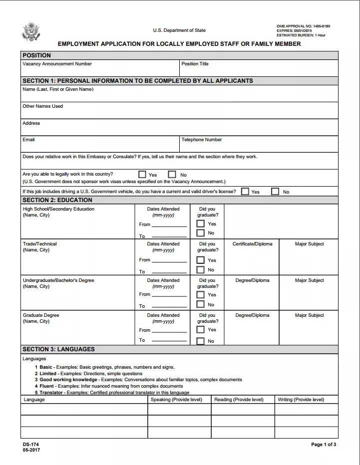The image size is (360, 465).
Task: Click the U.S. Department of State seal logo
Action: pyautogui.click(x=31, y=31)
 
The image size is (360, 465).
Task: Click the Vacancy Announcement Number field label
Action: pyautogui.click(x=57, y=64)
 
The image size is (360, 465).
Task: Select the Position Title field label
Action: pyautogui.click(x=195, y=64)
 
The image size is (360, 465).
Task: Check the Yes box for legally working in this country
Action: pyautogui.click(x=142, y=175)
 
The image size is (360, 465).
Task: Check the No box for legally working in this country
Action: pyautogui.click(x=172, y=175)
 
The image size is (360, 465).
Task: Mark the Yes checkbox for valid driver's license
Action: pyautogui.click(x=245, y=192)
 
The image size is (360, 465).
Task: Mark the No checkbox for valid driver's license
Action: pyautogui.click(x=275, y=192)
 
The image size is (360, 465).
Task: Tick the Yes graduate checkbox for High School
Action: pyautogui.click(x=200, y=224)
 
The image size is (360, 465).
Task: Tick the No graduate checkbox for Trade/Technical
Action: pyautogui.click(x=200, y=270)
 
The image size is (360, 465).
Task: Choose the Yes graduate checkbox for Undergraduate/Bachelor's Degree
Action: pyautogui.click(x=200, y=294)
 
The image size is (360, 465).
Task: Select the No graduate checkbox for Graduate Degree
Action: pyautogui.click(x=200, y=341)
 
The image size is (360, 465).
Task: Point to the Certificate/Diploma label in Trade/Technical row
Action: pyautogui.click(x=253, y=244)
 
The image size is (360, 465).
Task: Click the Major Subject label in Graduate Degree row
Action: pyautogui.click(x=309, y=315)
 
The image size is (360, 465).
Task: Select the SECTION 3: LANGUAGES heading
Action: pyautogui.click(x=58, y=349)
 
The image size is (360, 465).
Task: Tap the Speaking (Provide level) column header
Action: pyautogui.click(x=176, y=400)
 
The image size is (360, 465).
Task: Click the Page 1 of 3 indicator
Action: pyautogui.click(x=324, y=445)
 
